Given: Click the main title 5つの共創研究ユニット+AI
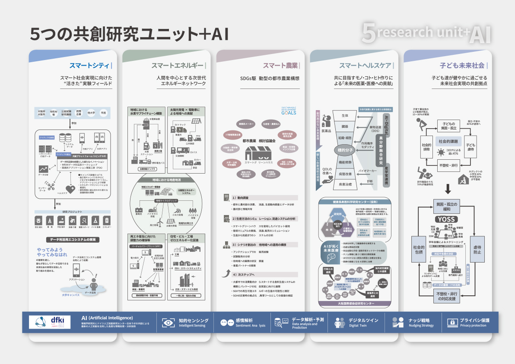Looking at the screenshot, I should point(129,34).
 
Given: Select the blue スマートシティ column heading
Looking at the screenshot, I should point(89,66).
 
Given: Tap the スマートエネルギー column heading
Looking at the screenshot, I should point(177,66).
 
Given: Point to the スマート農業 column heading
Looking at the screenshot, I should point(280,66).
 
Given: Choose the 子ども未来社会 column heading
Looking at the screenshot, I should point(462,66).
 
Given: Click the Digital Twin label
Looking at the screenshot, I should point(358,326).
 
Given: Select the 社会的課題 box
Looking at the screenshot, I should point(448,141).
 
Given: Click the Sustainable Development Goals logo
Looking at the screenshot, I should point(289,111).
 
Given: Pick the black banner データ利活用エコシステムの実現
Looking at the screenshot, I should point(73,239).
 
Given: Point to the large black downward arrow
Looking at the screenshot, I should point(448,189).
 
